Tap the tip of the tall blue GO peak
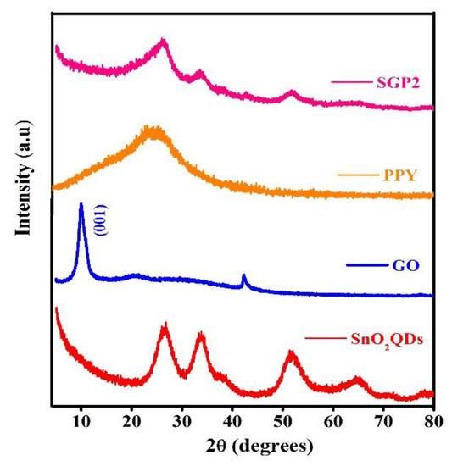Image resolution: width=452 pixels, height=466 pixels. coord(81,204)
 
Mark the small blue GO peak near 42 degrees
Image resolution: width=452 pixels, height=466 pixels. coord(244,276)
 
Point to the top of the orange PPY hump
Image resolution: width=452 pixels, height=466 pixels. coord(151,129)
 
